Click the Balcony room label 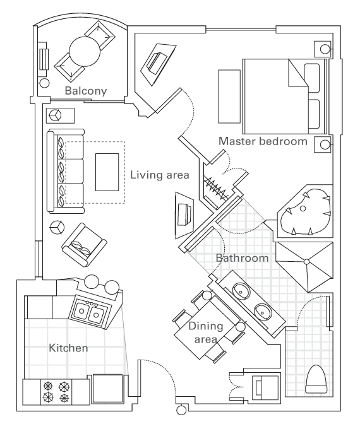pyautogui.click(x=86, y=91)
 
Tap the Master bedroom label pyautogui.click(x=263, y=141)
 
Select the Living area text pyautogui.click(x=159, y=175)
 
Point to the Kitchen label pyautogui.click(x=68, y=348)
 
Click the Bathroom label pyautogui.click(x=242, y=258)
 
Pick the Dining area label pyautogui.click(x=206, y=332)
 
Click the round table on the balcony pyautogui.click(x=85, y=52)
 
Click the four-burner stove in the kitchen pyautogui.click(x=56, y=392)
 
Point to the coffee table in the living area pyautogui.click(x=107, y=172)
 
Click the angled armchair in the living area pyautogui.click(x=84, y=245)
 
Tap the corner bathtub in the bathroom pyautogui.click(x=306, y=212)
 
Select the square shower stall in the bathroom pyautogui.click(x=306, y=267)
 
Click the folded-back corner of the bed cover pyautogui.click(x=298, y=73)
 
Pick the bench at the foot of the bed pyautogui.click(x=229, y=97)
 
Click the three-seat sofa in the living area pyautogui.click(x=65, y=172)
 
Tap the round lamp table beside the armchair pyautogui.click(x=57, y=227)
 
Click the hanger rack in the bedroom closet pyautogui.click(x=216, y=187)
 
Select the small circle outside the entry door pyautogui.click(x=181, y=411)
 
